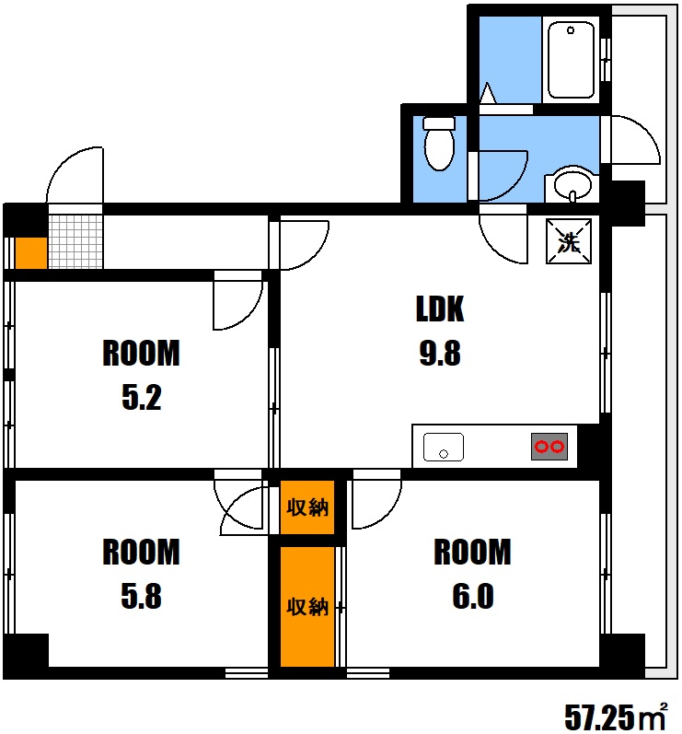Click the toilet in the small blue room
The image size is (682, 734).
(439, 144)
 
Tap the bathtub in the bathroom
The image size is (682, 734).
(571, 60)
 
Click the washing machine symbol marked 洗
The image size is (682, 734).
(569, 241)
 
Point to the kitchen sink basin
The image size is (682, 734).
(444, 447)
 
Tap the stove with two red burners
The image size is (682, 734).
(549, 447)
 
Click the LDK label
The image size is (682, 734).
(440, 309)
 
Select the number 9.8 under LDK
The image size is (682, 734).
(440, 353)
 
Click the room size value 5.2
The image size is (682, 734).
(141, 398)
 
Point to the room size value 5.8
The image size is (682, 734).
(141, 597)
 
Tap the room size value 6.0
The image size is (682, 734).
(472, 597)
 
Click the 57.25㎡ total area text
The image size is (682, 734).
(616, 717)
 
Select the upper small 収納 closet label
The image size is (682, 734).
(307, 507)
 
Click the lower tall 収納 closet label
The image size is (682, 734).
(307, 607)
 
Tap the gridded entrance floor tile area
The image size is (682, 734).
(75, 241)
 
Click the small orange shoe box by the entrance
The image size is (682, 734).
(31, 253)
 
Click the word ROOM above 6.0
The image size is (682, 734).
(472, 552)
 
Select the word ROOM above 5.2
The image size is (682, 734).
(141, 353)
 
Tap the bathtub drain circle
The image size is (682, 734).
(571, 30)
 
